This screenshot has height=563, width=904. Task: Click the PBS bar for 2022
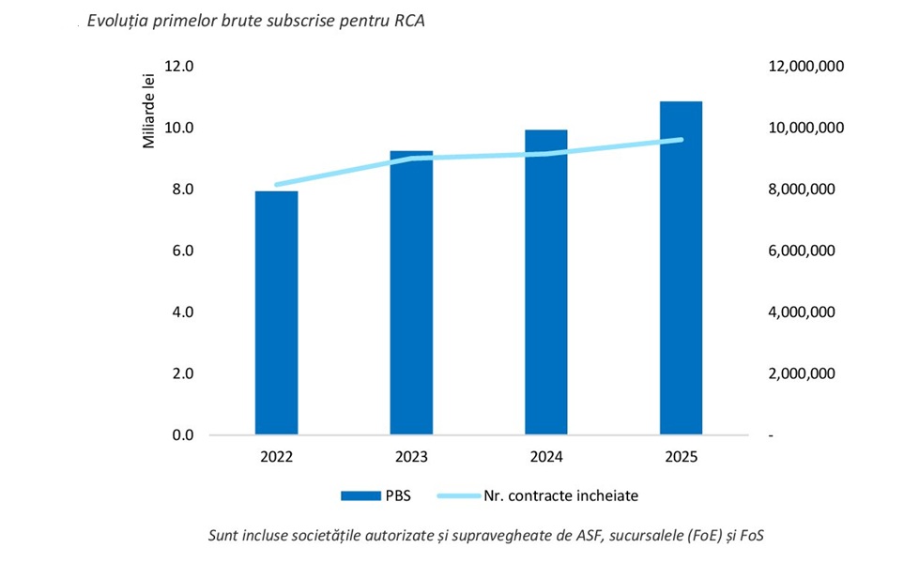click(x=277, y=312)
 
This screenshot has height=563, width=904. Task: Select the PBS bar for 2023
click(x=411, y=293)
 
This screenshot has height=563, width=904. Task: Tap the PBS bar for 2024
click(x=545, y=281)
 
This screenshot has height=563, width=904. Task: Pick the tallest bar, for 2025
click(x=681, y=267)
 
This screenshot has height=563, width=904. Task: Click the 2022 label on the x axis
click(x=277, y=458)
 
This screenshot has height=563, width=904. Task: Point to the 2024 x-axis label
click(x=546, y=458)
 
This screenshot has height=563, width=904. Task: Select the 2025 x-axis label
click(x=681, y=458)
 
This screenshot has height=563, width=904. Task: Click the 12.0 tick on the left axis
click(x=179, y=67)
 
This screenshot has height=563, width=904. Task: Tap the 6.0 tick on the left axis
click(x=182, y=251)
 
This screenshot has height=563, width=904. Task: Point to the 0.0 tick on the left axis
click(x=182, y=435)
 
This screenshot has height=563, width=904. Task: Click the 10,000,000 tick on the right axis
click(x=807, y=128)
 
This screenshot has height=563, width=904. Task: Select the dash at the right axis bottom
click(x=772, y=436)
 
